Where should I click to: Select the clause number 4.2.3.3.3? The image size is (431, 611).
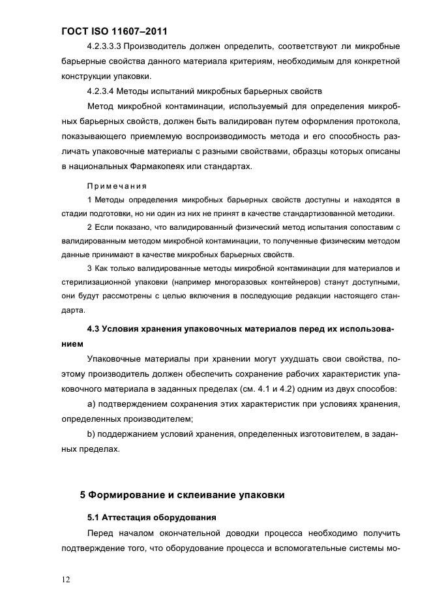[x=104, y=46]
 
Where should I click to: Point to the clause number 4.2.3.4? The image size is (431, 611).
[x=100, y=91]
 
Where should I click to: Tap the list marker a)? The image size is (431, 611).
[x=91, y=405]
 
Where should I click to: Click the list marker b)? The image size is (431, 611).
[x=91, y=435]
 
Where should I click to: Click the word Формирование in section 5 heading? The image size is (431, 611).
[x=128, y=495]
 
